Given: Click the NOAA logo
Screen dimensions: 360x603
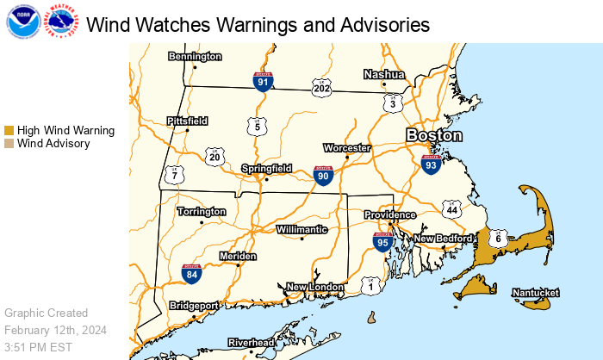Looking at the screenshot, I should pyautogui.click(x=22, y=22).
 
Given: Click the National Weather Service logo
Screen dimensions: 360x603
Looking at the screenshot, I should pyautogui.click(x=61, y=22).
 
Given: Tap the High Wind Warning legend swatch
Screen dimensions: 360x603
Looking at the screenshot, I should pyautogui.click(x=9, y=130).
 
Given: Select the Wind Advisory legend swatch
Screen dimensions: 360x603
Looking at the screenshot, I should pyautogui.click(x=9, y=144).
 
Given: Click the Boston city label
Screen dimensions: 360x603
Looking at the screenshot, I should pyautogui.click(x=434, y=136).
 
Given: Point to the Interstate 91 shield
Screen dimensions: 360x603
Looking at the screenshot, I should pyautogui.click(x=264, y=82).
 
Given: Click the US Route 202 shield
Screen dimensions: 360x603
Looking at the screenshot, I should pyautogui.click(x=321, y=88).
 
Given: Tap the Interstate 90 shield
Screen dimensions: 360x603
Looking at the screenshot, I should pyautogui.click(x=323, y=177).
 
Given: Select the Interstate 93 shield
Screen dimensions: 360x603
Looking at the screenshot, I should pyautogui.click(x=432, y=164).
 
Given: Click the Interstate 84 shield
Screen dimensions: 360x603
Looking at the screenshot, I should pyautogui.click(x=191, y=274).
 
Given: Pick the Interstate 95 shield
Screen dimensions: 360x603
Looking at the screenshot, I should pyautogui.click(x=383, y=242).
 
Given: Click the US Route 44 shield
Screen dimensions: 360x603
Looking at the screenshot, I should pyautogui.click(x=452, y=209).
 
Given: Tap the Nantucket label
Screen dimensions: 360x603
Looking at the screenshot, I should pyautogui.click(x=536, y=294).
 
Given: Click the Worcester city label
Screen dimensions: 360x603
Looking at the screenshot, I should pyautogui.click(x=346, y=148).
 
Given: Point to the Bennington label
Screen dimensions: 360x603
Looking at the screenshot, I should pyautogui.click(x=194, y=57).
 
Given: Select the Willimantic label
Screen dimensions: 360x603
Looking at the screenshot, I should pyautogui.click(x=301, y=230).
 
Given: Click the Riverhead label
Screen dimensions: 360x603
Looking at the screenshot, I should pyautogui.click(x=251, y=343).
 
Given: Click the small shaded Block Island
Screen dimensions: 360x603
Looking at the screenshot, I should pyautogui.click(x=372, y=319).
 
